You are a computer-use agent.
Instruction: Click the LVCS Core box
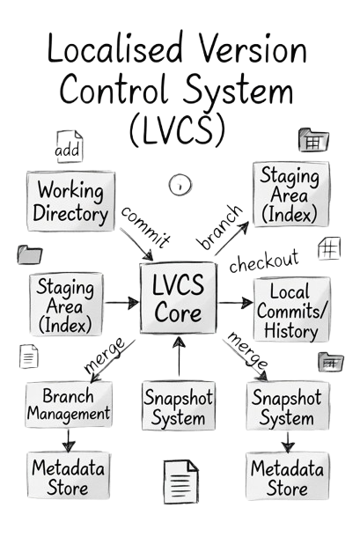[178, 298]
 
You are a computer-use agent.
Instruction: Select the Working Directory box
[70, 202]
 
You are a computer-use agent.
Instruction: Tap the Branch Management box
[69, 405]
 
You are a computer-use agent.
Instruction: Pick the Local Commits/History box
[292, 310]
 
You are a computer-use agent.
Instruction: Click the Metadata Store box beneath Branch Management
[69, 475]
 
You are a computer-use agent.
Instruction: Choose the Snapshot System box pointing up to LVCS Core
[179, 406]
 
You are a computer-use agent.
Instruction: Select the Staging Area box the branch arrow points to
[291, 195]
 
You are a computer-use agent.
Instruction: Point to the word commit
[145, 227]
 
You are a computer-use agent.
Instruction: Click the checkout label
[264, 261]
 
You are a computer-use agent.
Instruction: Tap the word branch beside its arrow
[220, 227]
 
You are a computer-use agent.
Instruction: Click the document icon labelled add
[70, 147]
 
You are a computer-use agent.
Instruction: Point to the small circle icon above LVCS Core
[180, 185]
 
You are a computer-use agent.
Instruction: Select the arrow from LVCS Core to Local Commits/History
[235, 303]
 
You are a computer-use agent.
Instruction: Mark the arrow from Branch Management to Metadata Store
[68, 440]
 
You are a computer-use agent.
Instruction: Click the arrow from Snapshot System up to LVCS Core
[179, 357]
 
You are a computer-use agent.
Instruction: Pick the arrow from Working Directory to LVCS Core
[136, 244]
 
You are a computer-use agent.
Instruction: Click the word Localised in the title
[115, 48]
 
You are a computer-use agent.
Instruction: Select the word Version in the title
[253, 48]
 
